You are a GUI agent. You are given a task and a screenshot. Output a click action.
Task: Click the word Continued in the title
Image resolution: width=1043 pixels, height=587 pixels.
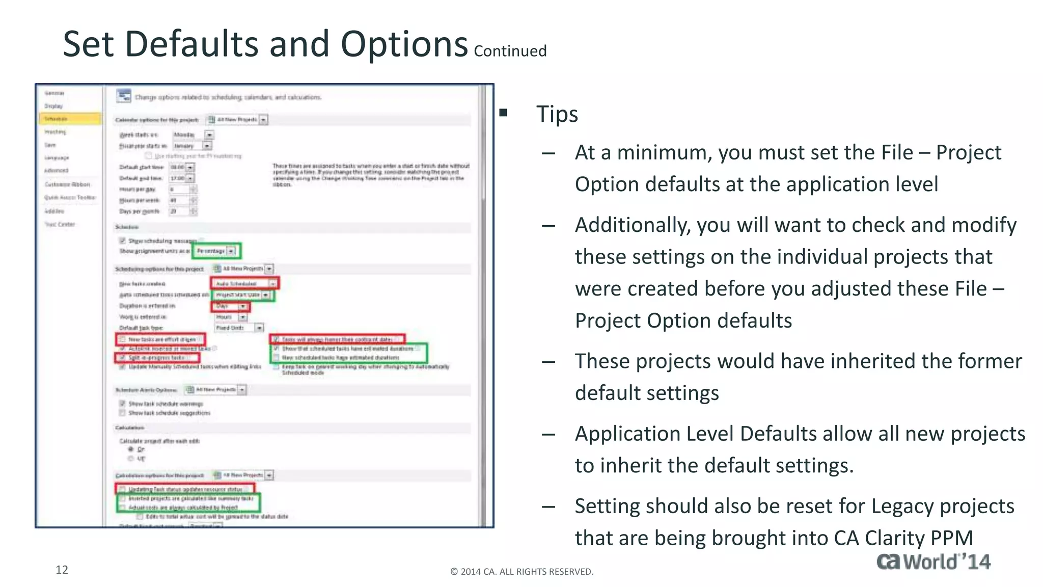pos(510,51)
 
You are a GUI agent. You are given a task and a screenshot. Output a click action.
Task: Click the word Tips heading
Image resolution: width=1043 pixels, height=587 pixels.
pos(557,114)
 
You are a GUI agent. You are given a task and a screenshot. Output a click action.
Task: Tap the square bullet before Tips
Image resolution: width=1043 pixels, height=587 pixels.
pos(503,113)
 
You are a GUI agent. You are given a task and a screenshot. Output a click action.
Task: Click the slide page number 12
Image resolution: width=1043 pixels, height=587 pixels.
pos(62,570)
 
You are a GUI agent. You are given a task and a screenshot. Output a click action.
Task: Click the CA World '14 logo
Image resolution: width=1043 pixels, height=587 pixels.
pos(933,562)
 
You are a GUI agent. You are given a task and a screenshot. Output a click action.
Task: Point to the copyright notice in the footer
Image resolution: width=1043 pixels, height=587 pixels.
pos(521,572)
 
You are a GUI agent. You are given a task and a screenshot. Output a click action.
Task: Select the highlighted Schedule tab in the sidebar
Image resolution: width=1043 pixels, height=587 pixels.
pos(70,119)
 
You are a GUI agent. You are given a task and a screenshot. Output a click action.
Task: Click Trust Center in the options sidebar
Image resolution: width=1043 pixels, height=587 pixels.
pos(60,224)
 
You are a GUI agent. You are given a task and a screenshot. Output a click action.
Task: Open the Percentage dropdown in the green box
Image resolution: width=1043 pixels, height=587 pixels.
pos(231,251)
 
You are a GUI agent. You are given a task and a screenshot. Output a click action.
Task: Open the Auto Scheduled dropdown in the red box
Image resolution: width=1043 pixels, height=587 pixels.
pos(273,283)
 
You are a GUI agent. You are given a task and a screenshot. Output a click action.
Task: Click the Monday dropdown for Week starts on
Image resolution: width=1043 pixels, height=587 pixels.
pos(209,135)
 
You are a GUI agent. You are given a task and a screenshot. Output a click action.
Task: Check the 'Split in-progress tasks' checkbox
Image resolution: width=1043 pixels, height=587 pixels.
pos(122,358)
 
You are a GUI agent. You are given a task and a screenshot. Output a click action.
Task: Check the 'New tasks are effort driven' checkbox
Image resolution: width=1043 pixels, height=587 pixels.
pos(122,339)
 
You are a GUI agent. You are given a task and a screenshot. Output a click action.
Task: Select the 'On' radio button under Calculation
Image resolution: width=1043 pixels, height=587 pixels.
pos(131,449)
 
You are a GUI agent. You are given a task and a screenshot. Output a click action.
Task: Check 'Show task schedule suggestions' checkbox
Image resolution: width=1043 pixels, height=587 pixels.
pos(122,413)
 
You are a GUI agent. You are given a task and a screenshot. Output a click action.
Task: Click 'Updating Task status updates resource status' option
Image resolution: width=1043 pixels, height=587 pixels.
pos(185,489)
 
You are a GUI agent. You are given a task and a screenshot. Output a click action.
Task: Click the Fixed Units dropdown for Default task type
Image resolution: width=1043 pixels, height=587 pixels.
pos(259,328)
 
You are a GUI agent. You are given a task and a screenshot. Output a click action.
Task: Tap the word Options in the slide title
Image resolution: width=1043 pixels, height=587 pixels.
pos(404,45)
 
